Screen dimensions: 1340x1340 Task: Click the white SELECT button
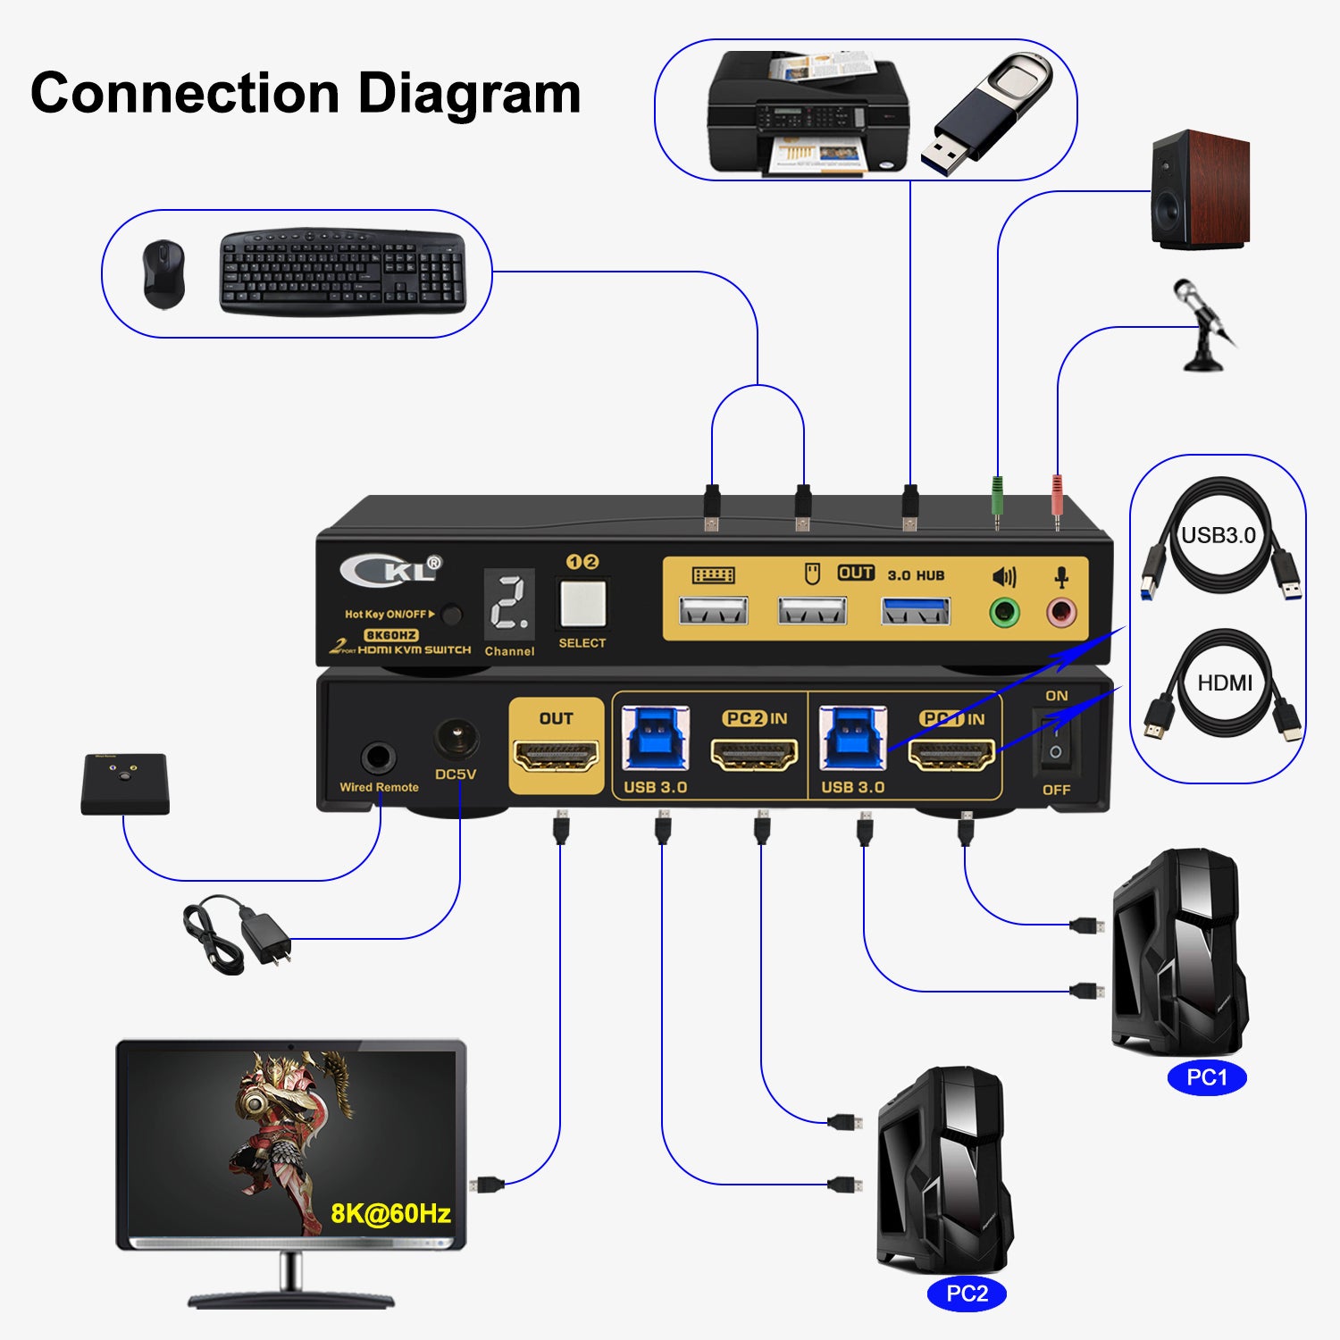pyautogui.click(x=582, y=604)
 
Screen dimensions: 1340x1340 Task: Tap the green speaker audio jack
pyautogui.click(x=1004, y=613)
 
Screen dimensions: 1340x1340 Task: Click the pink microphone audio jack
pyautogui.click(x=1061, y=613)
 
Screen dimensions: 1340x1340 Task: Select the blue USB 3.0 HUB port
pyautogui.click(x=916, y=612)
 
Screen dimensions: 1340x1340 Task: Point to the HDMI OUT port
pyautogui.click(x=556, y=757)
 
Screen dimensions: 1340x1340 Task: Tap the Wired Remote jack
pyautogui.click(x=378, y=758)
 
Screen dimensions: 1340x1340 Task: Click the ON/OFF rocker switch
pyautogui.click(x=1055, y=742)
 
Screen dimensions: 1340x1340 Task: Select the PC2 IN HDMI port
pyautogui.click(x=754, y=756)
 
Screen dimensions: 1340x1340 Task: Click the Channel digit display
pyautogui.click(x=510, y=604)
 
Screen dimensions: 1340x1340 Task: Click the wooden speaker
pyautogui.click(x=1199, y=190)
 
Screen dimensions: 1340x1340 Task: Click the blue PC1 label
pyautogui.click(x=1206, y=1077)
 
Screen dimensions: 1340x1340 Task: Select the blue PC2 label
pyautogui.click(x=967, y=1293)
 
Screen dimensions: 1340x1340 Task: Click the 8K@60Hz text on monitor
pyautogui.click(x=390, y=1213)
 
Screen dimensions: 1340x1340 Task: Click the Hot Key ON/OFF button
pyautogui.click(x=452, y=615)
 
